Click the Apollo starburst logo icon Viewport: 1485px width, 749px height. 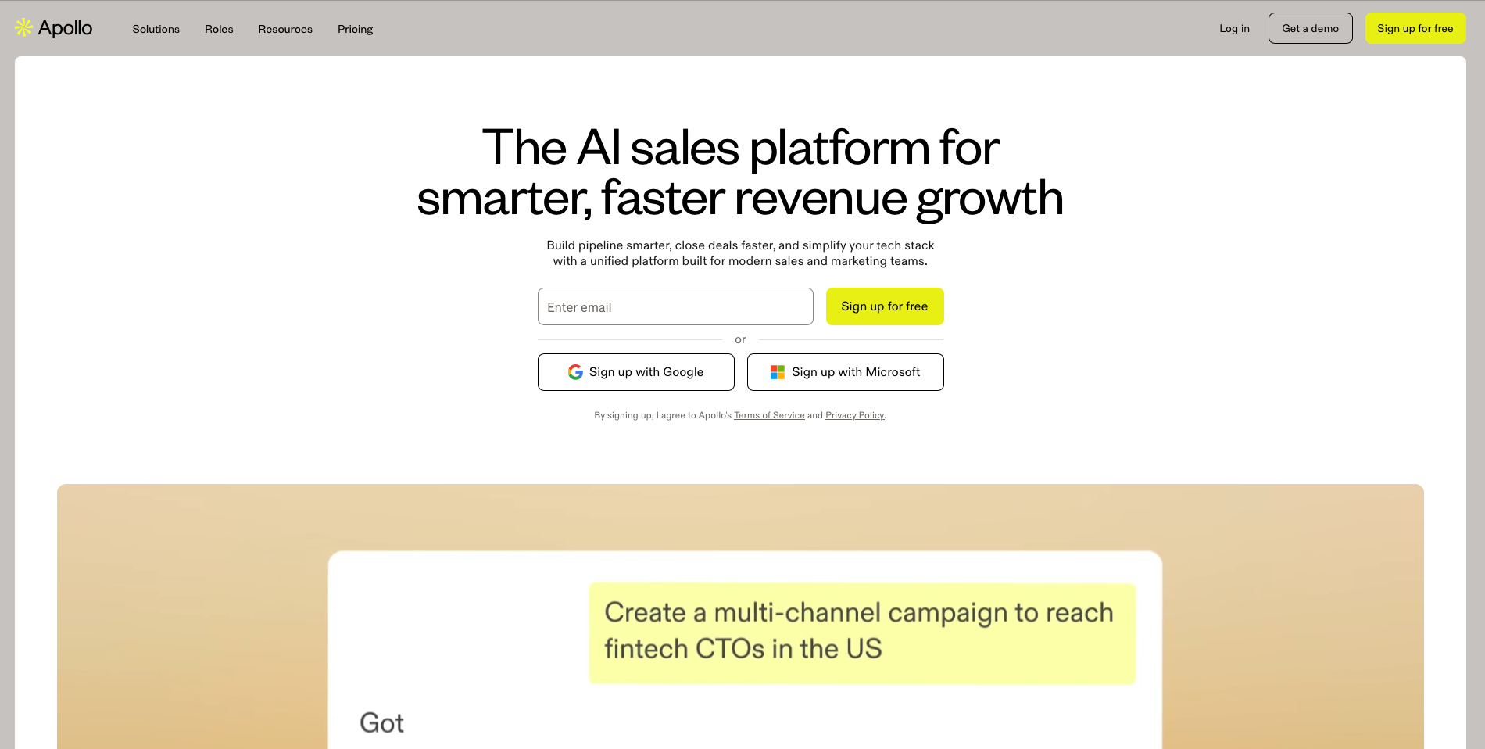24,27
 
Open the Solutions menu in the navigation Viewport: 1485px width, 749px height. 156,29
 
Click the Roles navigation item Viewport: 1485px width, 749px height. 219,29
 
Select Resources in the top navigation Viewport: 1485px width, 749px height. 285,29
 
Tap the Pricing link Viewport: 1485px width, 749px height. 355,29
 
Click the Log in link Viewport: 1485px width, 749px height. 1234,28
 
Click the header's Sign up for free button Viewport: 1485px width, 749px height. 1415,28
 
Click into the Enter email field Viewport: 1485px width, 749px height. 675,306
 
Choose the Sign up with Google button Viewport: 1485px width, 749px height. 635,372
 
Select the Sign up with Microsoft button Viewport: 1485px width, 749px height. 845,372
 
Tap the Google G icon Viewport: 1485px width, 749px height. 575,372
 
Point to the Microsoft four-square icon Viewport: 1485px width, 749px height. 778,372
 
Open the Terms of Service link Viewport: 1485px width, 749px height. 769,415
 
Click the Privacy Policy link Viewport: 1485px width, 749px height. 855,415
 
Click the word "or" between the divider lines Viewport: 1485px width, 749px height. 740,339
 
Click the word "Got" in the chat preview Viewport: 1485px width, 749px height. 381,723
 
